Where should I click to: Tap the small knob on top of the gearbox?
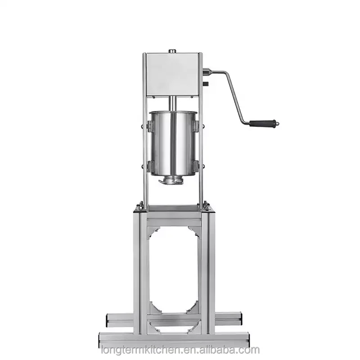click(172, 51)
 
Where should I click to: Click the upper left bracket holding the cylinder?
click(149, 126)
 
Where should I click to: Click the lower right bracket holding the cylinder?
click(196, 166)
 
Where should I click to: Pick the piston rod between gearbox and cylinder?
click(172, 103)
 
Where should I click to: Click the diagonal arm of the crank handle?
click(234, 97)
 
